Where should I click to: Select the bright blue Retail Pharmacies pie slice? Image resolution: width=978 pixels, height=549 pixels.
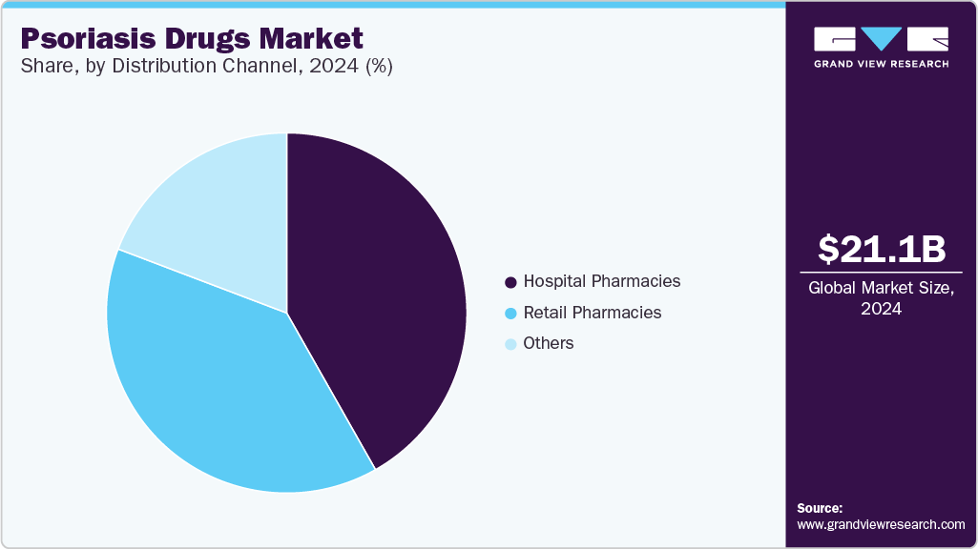[x=219, y=381]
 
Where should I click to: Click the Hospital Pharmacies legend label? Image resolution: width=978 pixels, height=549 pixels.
[x=601, y=281]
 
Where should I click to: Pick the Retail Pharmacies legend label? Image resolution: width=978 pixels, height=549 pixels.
[x=592, y=313]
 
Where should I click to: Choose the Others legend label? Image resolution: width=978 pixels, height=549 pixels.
[x=549, y=343]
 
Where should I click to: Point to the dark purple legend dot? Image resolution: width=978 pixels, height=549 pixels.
[x=510, y=282]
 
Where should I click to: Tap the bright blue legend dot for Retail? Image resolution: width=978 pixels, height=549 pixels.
[x=510, y=314]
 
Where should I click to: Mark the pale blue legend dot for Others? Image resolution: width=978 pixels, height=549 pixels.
[x=510, y=344]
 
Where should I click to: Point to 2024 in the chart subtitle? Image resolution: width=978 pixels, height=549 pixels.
[x=327, y=67]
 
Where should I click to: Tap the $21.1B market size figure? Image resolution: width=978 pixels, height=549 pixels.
[x=882, y=249]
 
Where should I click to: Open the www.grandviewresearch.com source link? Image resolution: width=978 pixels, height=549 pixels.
[x=881, y=524]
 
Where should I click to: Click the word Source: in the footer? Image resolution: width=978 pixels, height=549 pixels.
[x=820, y=508]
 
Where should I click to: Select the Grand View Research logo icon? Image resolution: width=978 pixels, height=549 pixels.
[x=881, y=39]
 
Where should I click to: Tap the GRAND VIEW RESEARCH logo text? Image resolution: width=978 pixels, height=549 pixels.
[x=881, y=64]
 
